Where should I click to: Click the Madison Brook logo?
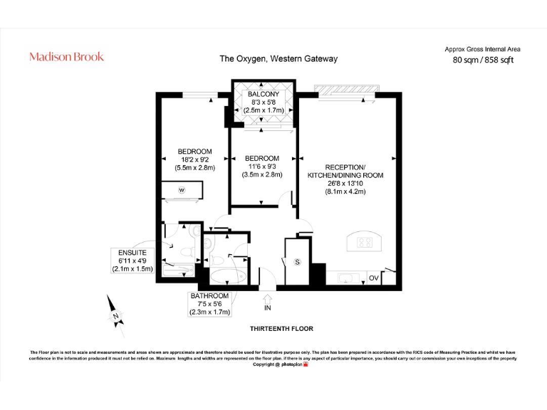point(66,57)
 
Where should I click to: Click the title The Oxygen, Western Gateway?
point(278,59)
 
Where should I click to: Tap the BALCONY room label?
point(263,95)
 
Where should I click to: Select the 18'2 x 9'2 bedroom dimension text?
point(194,160)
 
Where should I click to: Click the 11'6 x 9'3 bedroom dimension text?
point(261,167)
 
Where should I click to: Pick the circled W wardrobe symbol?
point(182,190)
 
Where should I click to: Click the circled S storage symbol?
point(298,262)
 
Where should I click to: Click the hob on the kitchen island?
point(364,243)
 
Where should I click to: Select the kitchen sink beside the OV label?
point(348,278)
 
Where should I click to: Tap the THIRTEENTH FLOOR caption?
point(281,329)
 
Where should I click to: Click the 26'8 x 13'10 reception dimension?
point(345,183)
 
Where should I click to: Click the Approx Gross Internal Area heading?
point(483,49)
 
